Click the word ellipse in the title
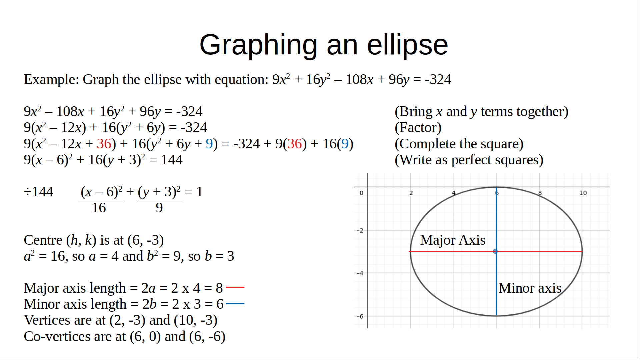[407, 45]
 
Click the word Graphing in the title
[258, 45]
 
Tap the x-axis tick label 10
[583, 193]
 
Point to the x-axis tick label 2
[411, 193]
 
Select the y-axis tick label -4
[360, 273]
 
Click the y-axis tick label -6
[360, 316]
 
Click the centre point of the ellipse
[495, 251]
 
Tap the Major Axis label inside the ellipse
[453, 240]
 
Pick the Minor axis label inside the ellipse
[530, 288]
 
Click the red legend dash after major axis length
[235, 287]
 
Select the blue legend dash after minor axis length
[235, 304]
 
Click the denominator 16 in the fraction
[99, 208]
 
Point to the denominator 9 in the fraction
[159, 208]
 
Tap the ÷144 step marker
[39, 192]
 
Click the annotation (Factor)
[418, 128]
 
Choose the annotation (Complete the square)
[459, 144]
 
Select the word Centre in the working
[43, 240]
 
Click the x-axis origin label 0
[361, 193]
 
